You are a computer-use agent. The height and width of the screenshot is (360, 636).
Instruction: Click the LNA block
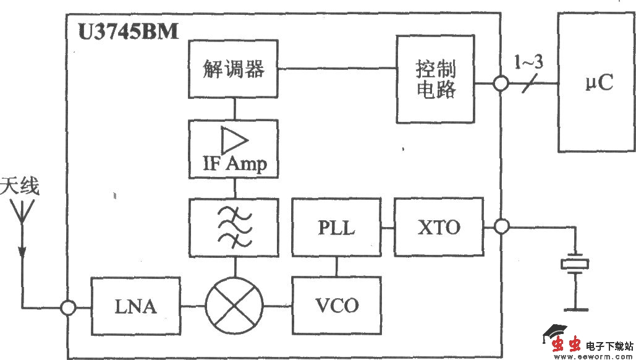[135, 306]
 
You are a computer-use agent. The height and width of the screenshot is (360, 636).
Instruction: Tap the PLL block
[337, 227]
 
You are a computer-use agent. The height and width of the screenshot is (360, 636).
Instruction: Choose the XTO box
[438, 227]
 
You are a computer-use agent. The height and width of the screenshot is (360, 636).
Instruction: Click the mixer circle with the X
[234, 306]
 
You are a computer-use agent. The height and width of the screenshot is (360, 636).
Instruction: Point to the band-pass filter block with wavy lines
[234, 227]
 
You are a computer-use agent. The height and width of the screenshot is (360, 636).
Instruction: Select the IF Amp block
[234, 149]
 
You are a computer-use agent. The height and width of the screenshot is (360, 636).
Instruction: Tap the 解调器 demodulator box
[234, 69]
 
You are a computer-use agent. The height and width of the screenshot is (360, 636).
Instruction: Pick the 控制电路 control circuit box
[436, 79]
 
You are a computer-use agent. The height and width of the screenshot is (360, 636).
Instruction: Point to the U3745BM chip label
[128, 32]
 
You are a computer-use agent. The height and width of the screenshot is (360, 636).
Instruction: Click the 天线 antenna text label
[20, 186]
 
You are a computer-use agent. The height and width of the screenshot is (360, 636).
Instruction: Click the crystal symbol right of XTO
[575, 264]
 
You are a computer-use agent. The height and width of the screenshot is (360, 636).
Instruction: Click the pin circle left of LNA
[68, 306]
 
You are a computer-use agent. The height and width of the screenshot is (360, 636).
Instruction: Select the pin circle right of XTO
[501, 227]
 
